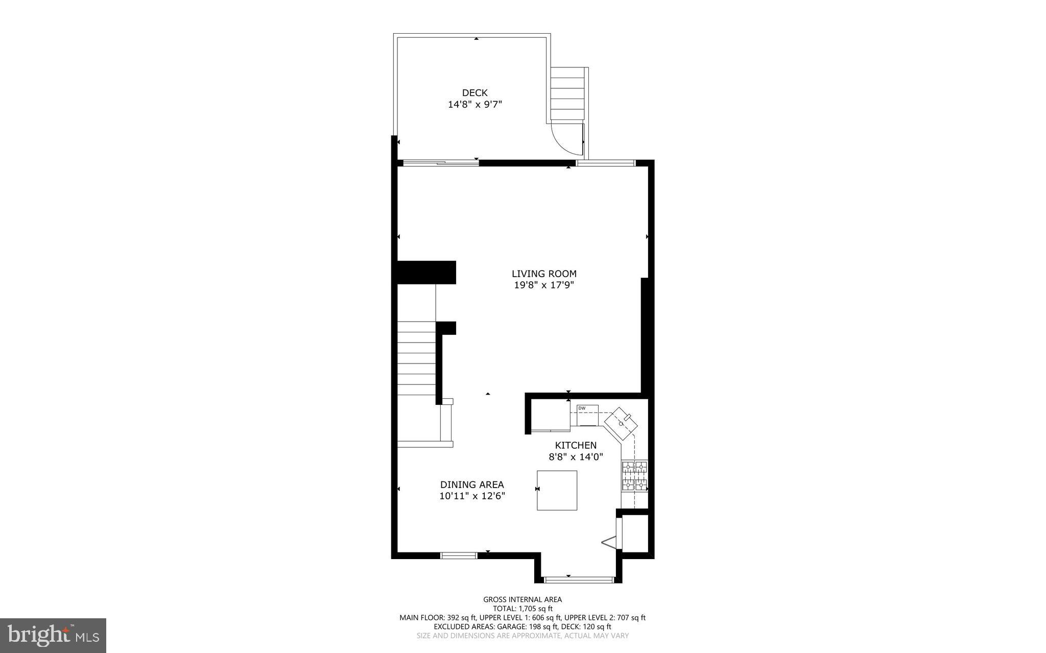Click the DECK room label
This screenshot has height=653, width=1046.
click(474, 93)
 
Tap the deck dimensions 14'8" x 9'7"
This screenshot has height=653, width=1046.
click(475, 105)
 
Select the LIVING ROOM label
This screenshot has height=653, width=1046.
click(544, 274)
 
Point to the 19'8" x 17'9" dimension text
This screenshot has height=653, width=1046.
click(544, 285)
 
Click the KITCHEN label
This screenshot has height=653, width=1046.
click(576, 445)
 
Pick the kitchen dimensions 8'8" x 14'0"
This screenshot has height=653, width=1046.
click(576, 457)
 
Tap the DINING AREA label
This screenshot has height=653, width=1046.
click(472, 485)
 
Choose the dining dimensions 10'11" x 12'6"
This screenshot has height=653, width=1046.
click(472, 496)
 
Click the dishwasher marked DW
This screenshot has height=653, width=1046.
click(587, 415)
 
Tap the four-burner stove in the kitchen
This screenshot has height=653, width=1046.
click(634, 476)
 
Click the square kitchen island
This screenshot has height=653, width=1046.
click(557, 490)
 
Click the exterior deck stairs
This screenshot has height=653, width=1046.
click(567, 95)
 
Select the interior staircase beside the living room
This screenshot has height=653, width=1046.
click(416, 357)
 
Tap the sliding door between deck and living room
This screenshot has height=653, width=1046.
click(441, 163)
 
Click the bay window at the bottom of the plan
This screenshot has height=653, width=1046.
click(578, 579)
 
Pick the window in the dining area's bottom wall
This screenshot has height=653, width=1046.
click(459, 555)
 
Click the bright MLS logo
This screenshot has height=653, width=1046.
click(53, 635)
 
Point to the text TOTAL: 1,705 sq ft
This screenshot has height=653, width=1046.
click(522, 609)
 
